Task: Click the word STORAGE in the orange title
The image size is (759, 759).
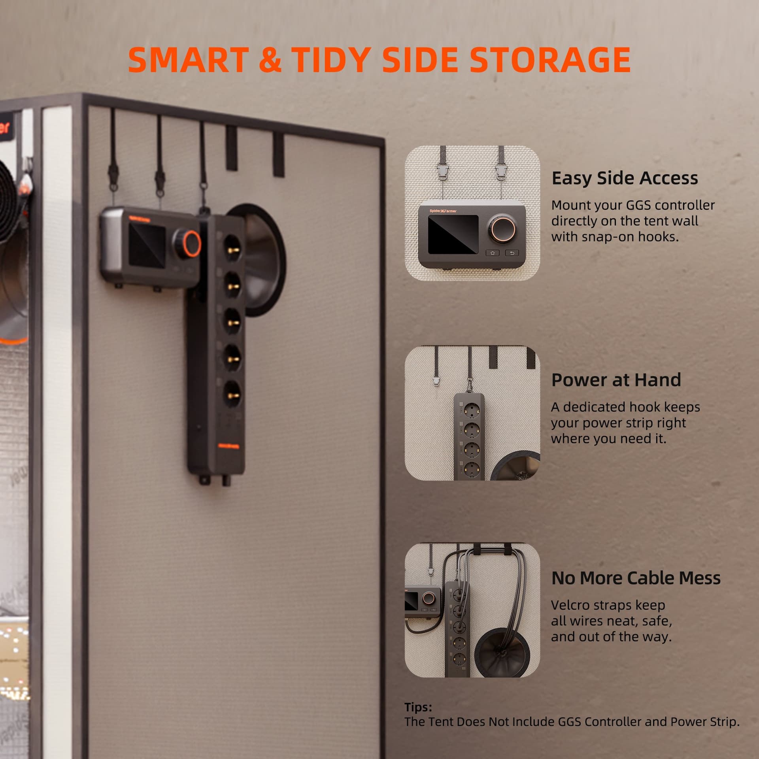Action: click(x=550, y=60)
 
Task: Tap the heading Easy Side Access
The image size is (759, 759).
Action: click(x=625, y=178)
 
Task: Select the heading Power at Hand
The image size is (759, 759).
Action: click(x=616, y=380)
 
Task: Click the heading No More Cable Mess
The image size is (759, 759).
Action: click(x=636, y=578)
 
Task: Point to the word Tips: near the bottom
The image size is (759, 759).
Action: click(x=418, y=707)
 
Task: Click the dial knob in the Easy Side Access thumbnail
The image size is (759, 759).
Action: click(x=503, y=228)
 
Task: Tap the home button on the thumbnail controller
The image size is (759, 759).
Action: click(x=492, y=253)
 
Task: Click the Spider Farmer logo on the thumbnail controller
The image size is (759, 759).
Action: click(x=443, y=211)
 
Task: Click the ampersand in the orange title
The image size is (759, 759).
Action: click(x=270, y=60)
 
